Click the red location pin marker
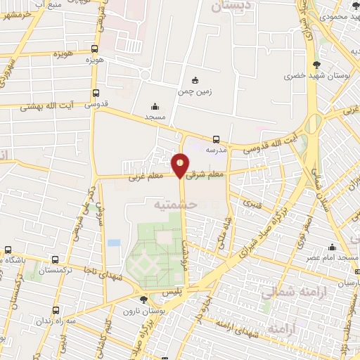(x=181, y=165)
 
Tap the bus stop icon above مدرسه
(x=216, y=139)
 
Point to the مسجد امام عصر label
(x=333, y=258)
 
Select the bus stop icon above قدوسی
(x=96, y=92)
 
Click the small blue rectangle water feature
(x=114, y=243)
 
